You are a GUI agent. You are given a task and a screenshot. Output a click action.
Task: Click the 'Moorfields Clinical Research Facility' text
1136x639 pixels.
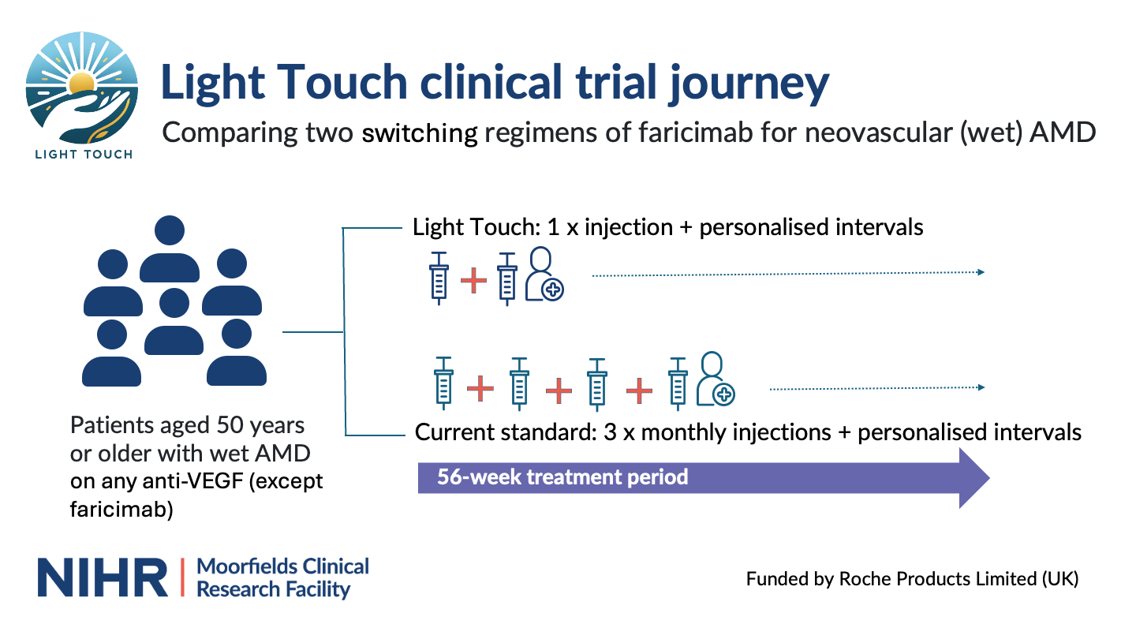click(282, 578)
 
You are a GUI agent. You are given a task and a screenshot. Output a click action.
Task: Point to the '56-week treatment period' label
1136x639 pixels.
click(562, 477)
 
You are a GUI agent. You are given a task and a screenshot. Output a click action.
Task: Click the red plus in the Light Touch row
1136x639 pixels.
click(473, 281)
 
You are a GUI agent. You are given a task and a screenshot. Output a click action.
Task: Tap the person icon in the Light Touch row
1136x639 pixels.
click(544, 274)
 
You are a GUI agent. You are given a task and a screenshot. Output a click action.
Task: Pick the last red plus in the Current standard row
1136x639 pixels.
click(639, 389)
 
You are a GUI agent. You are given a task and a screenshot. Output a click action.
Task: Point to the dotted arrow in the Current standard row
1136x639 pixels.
click(876, 388)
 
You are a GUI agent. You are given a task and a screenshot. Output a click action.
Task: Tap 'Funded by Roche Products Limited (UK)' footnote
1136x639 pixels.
click(912, 579)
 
